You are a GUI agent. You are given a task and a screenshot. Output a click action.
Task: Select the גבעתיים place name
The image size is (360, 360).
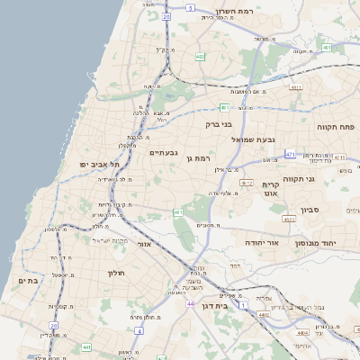coord(165,152)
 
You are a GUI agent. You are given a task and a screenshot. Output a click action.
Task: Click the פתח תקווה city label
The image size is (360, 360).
coord(335,127)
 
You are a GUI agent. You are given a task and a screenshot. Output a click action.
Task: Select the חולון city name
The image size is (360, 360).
coord(115,272)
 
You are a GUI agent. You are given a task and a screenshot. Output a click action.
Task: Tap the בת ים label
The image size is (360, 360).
coord(28,281)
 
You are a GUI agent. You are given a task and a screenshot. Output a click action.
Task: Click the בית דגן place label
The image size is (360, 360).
coord(237,306)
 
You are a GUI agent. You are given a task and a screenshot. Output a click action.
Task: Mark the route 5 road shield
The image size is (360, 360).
coord(190,7)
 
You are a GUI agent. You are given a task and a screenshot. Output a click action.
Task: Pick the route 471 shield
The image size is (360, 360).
coord(289,155)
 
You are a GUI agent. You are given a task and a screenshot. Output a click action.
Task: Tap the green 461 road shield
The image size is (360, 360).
coord(179,212)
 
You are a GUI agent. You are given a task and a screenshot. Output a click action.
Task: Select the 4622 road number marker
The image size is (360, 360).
coord(289,219)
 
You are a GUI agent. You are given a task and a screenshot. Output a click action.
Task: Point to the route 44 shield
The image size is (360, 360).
coord(190,304)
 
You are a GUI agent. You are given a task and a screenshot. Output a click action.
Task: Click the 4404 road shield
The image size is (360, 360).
coord(301,331)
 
